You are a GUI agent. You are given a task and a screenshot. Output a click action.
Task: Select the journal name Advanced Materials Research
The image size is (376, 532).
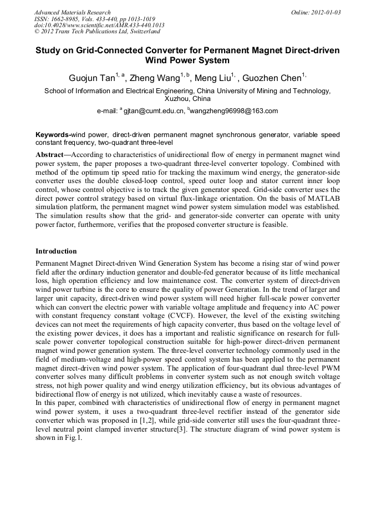click(x=72, y=12)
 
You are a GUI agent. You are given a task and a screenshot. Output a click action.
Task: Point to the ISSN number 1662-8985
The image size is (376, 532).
click(x=63, y=19)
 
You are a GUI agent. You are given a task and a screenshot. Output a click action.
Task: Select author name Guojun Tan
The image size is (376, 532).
click(x=91, y=78)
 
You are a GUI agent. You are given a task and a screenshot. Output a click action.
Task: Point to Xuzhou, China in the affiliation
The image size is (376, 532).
click(x=187, y=99)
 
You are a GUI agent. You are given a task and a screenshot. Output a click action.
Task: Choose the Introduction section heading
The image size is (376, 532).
click(x=56, y=251)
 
